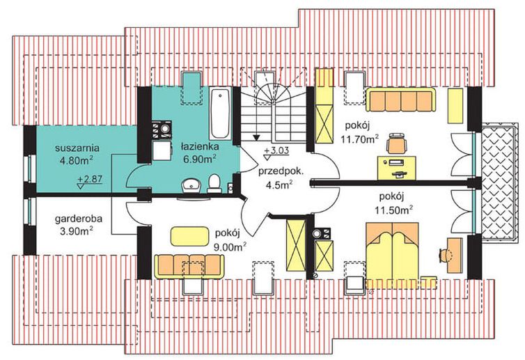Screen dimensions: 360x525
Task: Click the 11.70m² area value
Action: tap(360, 139)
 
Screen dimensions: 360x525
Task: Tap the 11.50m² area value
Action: tap(393, 208)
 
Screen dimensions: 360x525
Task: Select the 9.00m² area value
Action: tap(230, 246)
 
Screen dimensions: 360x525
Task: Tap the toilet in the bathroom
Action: tap(215, 183)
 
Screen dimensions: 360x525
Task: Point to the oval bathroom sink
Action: tap(189, 185)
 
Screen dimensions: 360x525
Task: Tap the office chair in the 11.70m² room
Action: tap(396, 143)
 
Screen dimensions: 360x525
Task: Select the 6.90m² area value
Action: tap(199, 159)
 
